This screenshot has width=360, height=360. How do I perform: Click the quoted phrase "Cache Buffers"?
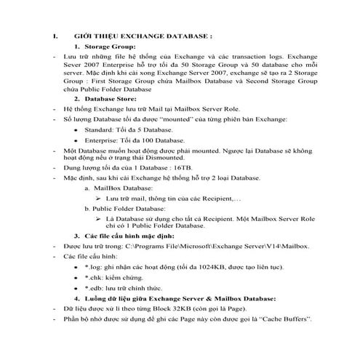(287, 319)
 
